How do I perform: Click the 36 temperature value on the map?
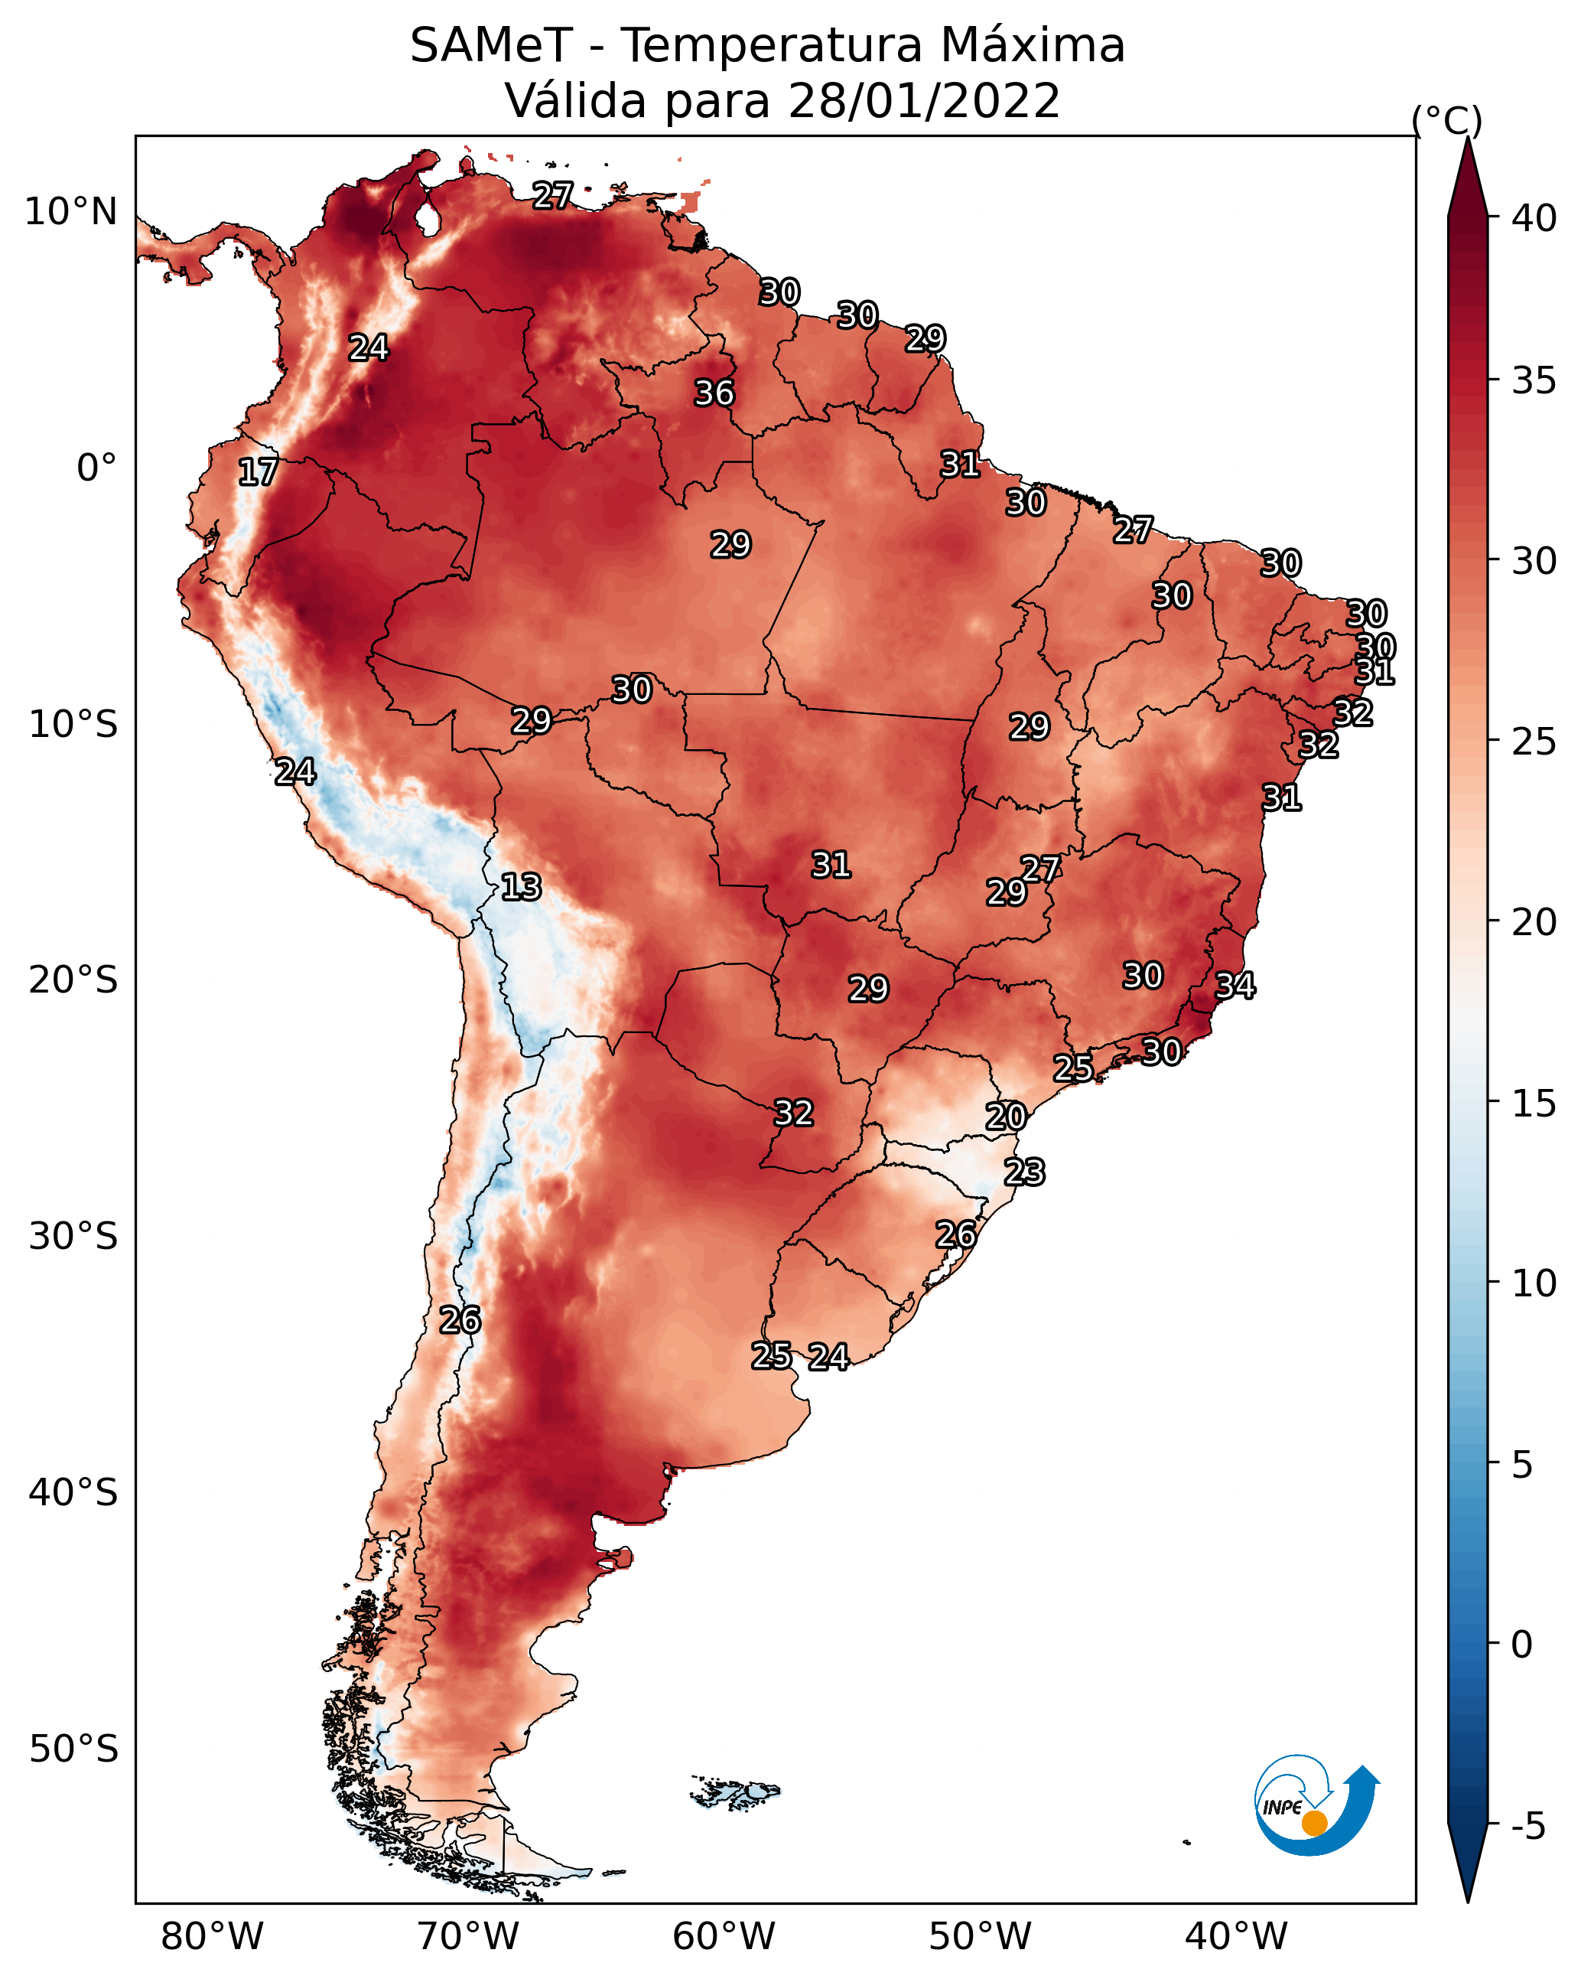point(714,393)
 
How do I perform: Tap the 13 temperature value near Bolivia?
point(521,887)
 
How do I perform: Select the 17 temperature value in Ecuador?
point(258,472)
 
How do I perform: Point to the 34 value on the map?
point(1235,985)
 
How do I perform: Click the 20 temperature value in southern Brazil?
point(1006,1117)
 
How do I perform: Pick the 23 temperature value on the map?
point(1024,1172)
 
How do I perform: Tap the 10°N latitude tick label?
point(70,212)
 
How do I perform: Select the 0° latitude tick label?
point(97,468)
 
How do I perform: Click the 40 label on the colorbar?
point(1534,218)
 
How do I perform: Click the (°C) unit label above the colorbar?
point(1447,120)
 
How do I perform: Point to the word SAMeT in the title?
point(491,46)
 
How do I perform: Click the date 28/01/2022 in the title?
point(924,101)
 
